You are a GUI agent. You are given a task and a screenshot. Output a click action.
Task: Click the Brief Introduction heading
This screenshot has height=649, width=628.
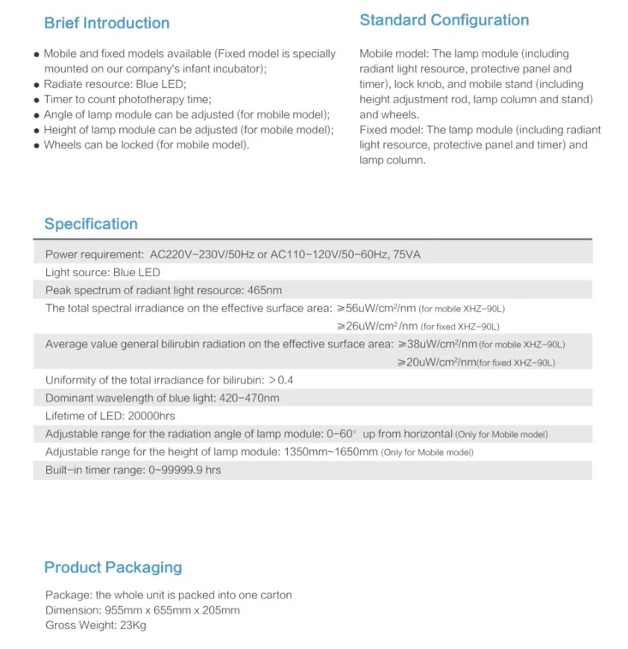coord(107,23)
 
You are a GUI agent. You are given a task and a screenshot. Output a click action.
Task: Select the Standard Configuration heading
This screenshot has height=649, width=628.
coord(444,20)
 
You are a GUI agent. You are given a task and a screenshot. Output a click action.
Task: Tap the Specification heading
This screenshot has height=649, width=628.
coord(91,224)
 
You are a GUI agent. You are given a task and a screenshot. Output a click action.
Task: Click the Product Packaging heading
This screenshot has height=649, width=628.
coord(113,567)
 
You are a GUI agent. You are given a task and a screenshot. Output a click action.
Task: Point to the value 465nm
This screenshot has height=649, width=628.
coord(265,290)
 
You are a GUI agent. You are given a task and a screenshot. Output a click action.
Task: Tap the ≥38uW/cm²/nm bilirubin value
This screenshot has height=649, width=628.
coord(436,344)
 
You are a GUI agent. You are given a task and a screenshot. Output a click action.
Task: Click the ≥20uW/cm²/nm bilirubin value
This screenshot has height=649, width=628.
coord(436,362)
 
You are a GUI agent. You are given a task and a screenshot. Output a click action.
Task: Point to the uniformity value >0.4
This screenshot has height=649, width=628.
coord(281,380)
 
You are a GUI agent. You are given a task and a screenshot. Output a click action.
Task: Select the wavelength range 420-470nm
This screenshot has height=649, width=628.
coord(249,398)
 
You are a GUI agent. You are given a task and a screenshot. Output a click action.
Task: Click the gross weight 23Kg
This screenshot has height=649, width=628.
coord(133,625)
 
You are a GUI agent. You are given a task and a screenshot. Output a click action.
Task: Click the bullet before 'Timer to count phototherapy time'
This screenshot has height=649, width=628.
coord(37,100)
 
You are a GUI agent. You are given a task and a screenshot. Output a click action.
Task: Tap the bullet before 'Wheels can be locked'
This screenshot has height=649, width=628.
coord(37,145)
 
